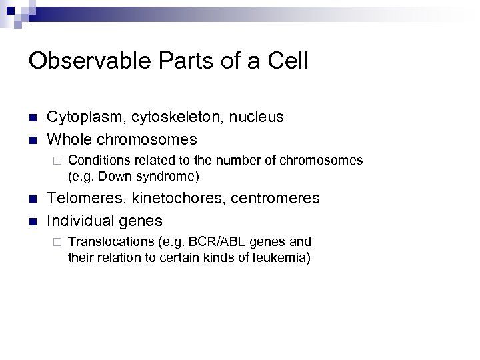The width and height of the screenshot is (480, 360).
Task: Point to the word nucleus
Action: (x=257, y=117)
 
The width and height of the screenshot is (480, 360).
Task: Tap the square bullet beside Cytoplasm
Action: (x=33, y=118)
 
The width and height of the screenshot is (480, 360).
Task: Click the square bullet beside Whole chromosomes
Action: (x=33, y=140)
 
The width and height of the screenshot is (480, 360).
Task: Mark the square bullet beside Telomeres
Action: (x=33, y=199)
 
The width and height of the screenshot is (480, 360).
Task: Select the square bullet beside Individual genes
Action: (x=33, y=221)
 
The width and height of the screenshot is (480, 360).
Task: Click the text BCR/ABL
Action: (x=207, y=241)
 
